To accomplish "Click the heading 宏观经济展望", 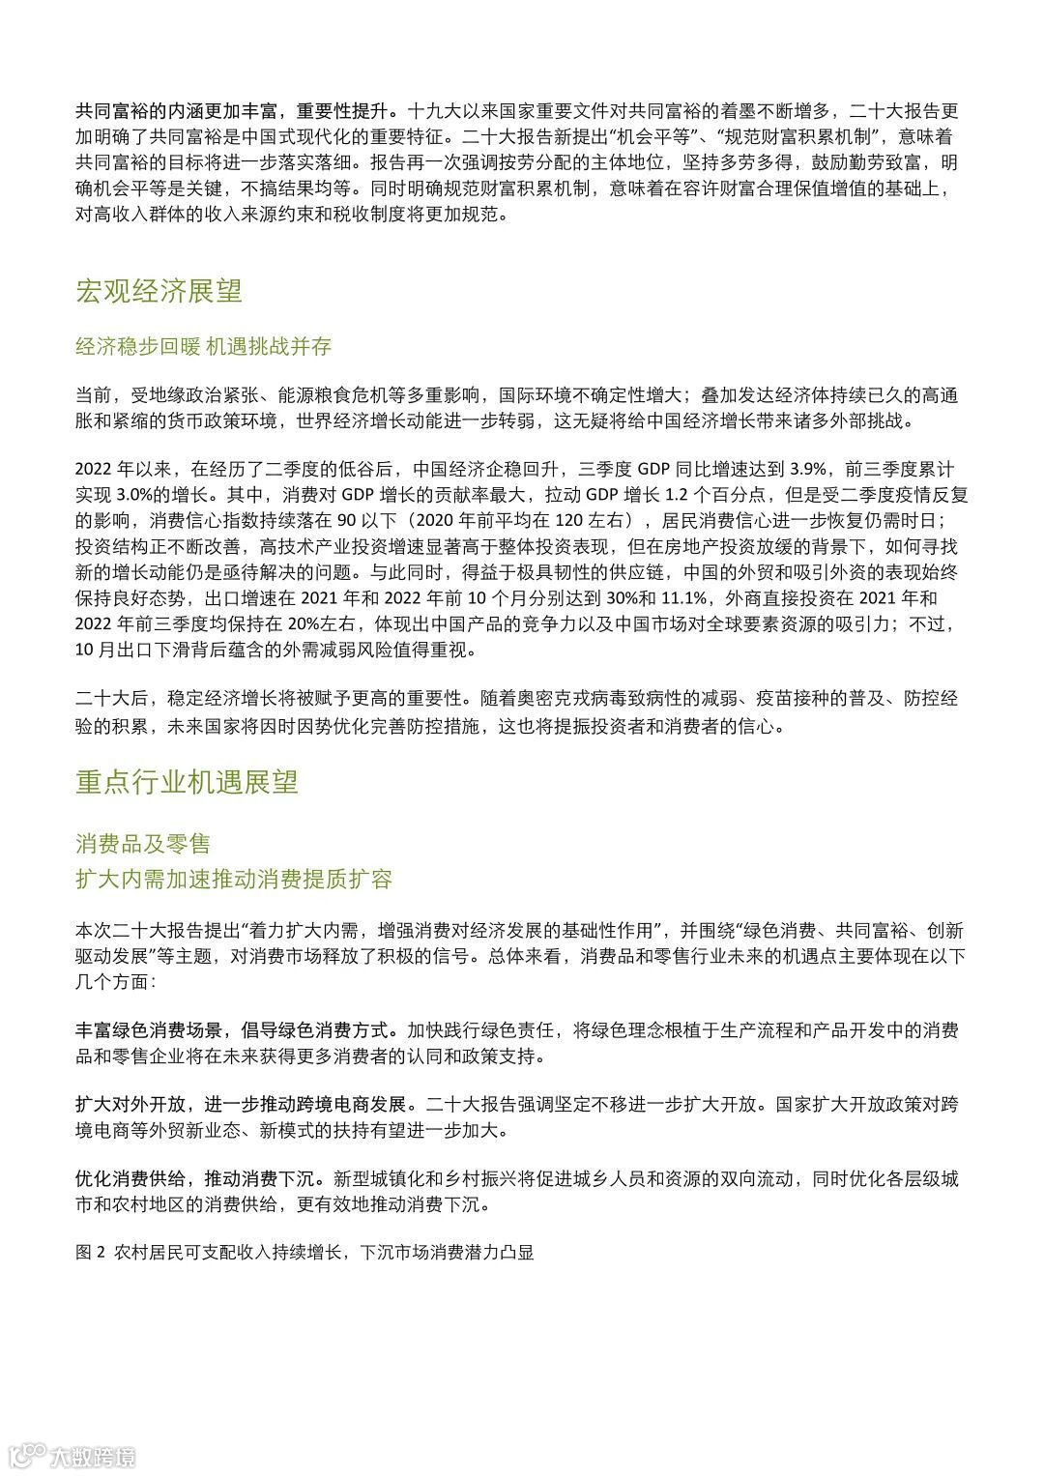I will pyautogui.click(x=159, y=291).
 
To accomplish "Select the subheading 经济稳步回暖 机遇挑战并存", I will pyautogui.click(x=203, y=345).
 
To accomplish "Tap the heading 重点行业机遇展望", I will pyautogui.click(x=187, y=782).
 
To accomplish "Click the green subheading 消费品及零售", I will pyautogui.click(x=143, y=843).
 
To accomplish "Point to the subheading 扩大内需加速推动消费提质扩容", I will pyautogui.click(x=234, y=879).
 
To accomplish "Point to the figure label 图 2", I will pyautogui.click(x=89, y=1252).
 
